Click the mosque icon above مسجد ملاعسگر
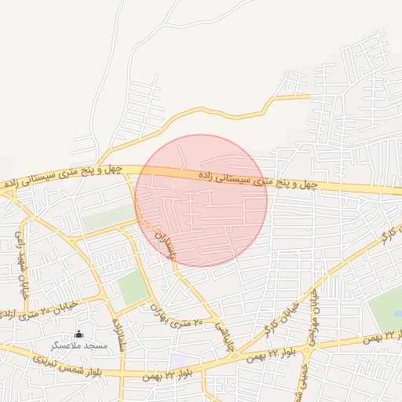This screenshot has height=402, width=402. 78,334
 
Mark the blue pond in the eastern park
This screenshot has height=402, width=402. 398,313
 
